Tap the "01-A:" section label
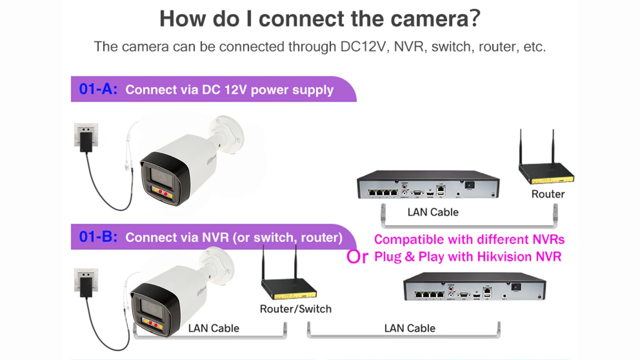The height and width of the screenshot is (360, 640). pos(98,89)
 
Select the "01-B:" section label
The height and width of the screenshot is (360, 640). pos(98,237)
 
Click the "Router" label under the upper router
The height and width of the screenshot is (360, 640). pos(548,194)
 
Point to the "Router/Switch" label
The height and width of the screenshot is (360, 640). pos(296,309)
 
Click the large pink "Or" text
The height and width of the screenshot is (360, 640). pos(357,257)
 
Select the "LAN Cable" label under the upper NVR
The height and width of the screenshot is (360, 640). pos(433,212)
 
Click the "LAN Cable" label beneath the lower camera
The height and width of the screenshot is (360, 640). pos(214,328)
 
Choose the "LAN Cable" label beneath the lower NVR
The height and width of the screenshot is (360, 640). pos(409,328)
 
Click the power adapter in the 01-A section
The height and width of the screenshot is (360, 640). pos(85,142)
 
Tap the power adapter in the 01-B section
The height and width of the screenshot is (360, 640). pos(85,286)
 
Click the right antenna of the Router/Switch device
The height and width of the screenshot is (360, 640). pos(296,262)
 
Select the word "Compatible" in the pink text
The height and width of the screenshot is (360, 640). pos(409,240)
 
